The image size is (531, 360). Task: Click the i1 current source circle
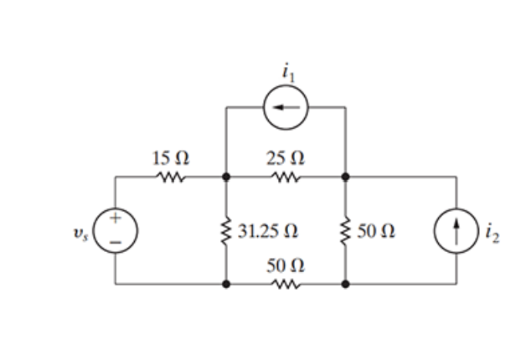click(x=286, y=107)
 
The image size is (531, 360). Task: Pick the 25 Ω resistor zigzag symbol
click(x=286, y=177)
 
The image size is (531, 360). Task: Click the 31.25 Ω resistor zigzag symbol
click(x=226, y=230)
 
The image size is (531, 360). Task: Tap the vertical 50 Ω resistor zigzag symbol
click(x=345, y=230)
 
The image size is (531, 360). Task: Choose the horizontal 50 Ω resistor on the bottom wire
click(x=286, y=285)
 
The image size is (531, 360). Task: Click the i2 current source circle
click(x=456, y=230)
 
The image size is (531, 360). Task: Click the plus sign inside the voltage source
click(x=116, y=219)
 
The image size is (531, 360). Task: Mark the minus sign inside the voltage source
click(x=116, y=241)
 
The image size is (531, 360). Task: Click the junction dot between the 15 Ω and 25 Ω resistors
click(x=226, y=177)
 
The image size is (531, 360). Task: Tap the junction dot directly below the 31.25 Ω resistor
click(x=226, y=285)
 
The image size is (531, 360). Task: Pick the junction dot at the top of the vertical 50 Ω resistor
click(x=345, y=177)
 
